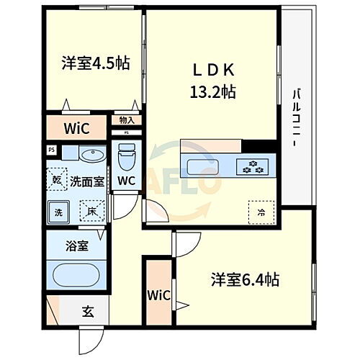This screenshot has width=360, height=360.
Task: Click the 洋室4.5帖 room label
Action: [95, 63]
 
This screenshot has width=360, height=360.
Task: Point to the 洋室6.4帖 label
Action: [244, 279]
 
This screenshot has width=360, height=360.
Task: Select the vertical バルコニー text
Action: [296, 119]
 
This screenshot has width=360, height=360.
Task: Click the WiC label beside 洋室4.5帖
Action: [75, 130]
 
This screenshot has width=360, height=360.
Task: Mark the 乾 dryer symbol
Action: [58, 179]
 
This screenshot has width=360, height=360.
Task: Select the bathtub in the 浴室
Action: [77, 274]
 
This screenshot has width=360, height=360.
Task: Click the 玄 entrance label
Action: [87, 312]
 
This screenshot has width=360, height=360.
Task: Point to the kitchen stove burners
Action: [253, 167]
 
